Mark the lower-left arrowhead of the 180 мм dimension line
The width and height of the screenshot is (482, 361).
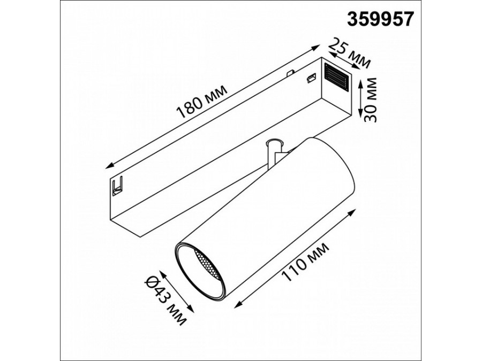pos(109,165)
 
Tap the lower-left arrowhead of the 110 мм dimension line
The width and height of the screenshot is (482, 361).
pos(236,304)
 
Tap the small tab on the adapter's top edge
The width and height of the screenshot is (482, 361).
pos(290,72)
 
